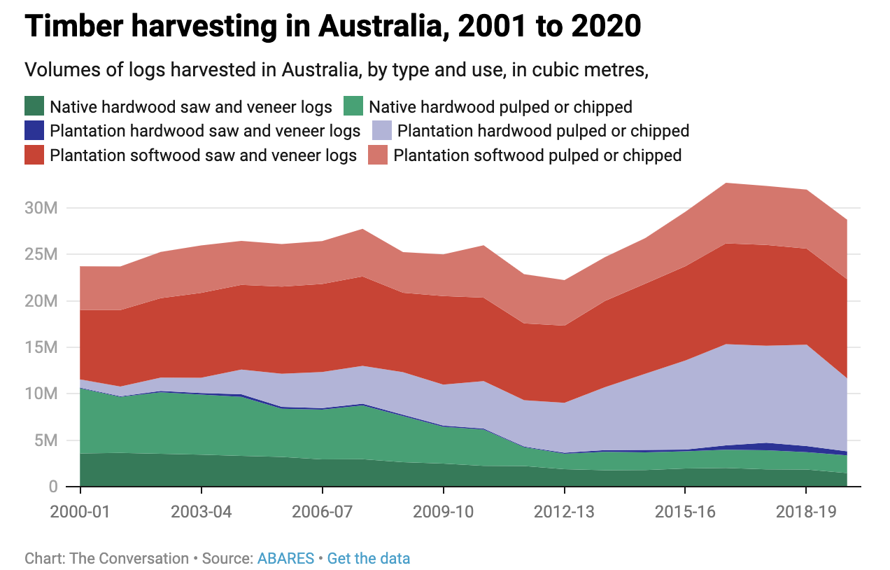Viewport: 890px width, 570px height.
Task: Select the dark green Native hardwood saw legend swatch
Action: pos(34,106)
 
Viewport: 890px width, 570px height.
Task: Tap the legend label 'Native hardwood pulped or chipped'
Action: pos(500,107)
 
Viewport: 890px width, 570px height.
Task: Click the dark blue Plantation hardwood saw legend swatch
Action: pos(34,130)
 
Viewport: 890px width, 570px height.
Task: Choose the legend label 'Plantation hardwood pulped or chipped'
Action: pos(543,131)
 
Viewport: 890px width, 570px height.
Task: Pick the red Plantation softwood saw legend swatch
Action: pos(34,155)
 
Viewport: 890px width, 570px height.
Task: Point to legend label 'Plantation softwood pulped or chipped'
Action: pos(537,155)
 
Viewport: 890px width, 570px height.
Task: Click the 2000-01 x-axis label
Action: pos(80,512)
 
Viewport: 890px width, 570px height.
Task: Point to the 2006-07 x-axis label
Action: pos(322,512)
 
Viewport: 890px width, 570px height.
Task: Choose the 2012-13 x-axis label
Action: pos(564,512)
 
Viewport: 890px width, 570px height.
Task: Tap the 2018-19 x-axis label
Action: pos(806,512)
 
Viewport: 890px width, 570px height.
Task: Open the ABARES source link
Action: pos(285,559)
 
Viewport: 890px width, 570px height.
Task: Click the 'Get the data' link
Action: pos(369,559)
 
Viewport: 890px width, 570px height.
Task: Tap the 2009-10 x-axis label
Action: pos(443,512)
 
